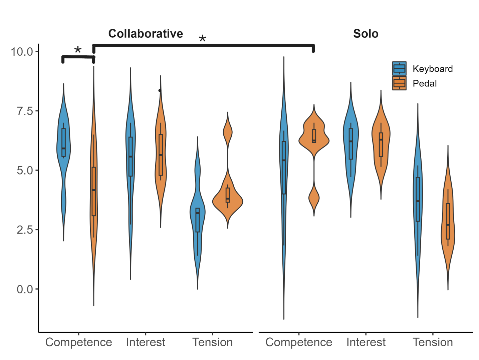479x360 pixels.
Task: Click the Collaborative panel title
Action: pos(146,34)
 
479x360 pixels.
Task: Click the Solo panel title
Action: pos(366,34)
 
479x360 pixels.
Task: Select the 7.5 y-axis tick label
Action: pos(25,111)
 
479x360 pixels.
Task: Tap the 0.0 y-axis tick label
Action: pos(25,289)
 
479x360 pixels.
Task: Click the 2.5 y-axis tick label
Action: pos(25,230)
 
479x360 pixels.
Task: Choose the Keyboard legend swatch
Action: pos(399,68)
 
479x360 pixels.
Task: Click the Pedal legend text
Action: pos(425,83)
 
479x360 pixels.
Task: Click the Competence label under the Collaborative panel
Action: pos(78,342)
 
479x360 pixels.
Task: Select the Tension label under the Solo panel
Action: pos(433,342)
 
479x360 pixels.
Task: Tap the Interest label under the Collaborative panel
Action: pos(146,342)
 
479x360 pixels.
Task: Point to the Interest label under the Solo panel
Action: pos(366,342)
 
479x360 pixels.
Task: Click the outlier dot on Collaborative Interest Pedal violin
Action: pos(160,90)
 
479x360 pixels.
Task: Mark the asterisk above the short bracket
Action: pos(78,50)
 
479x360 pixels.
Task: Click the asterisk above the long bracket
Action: pos(203,39)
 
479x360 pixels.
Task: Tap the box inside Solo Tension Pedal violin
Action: pos(448,221)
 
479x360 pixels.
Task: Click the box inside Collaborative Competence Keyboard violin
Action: pos(63,142)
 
